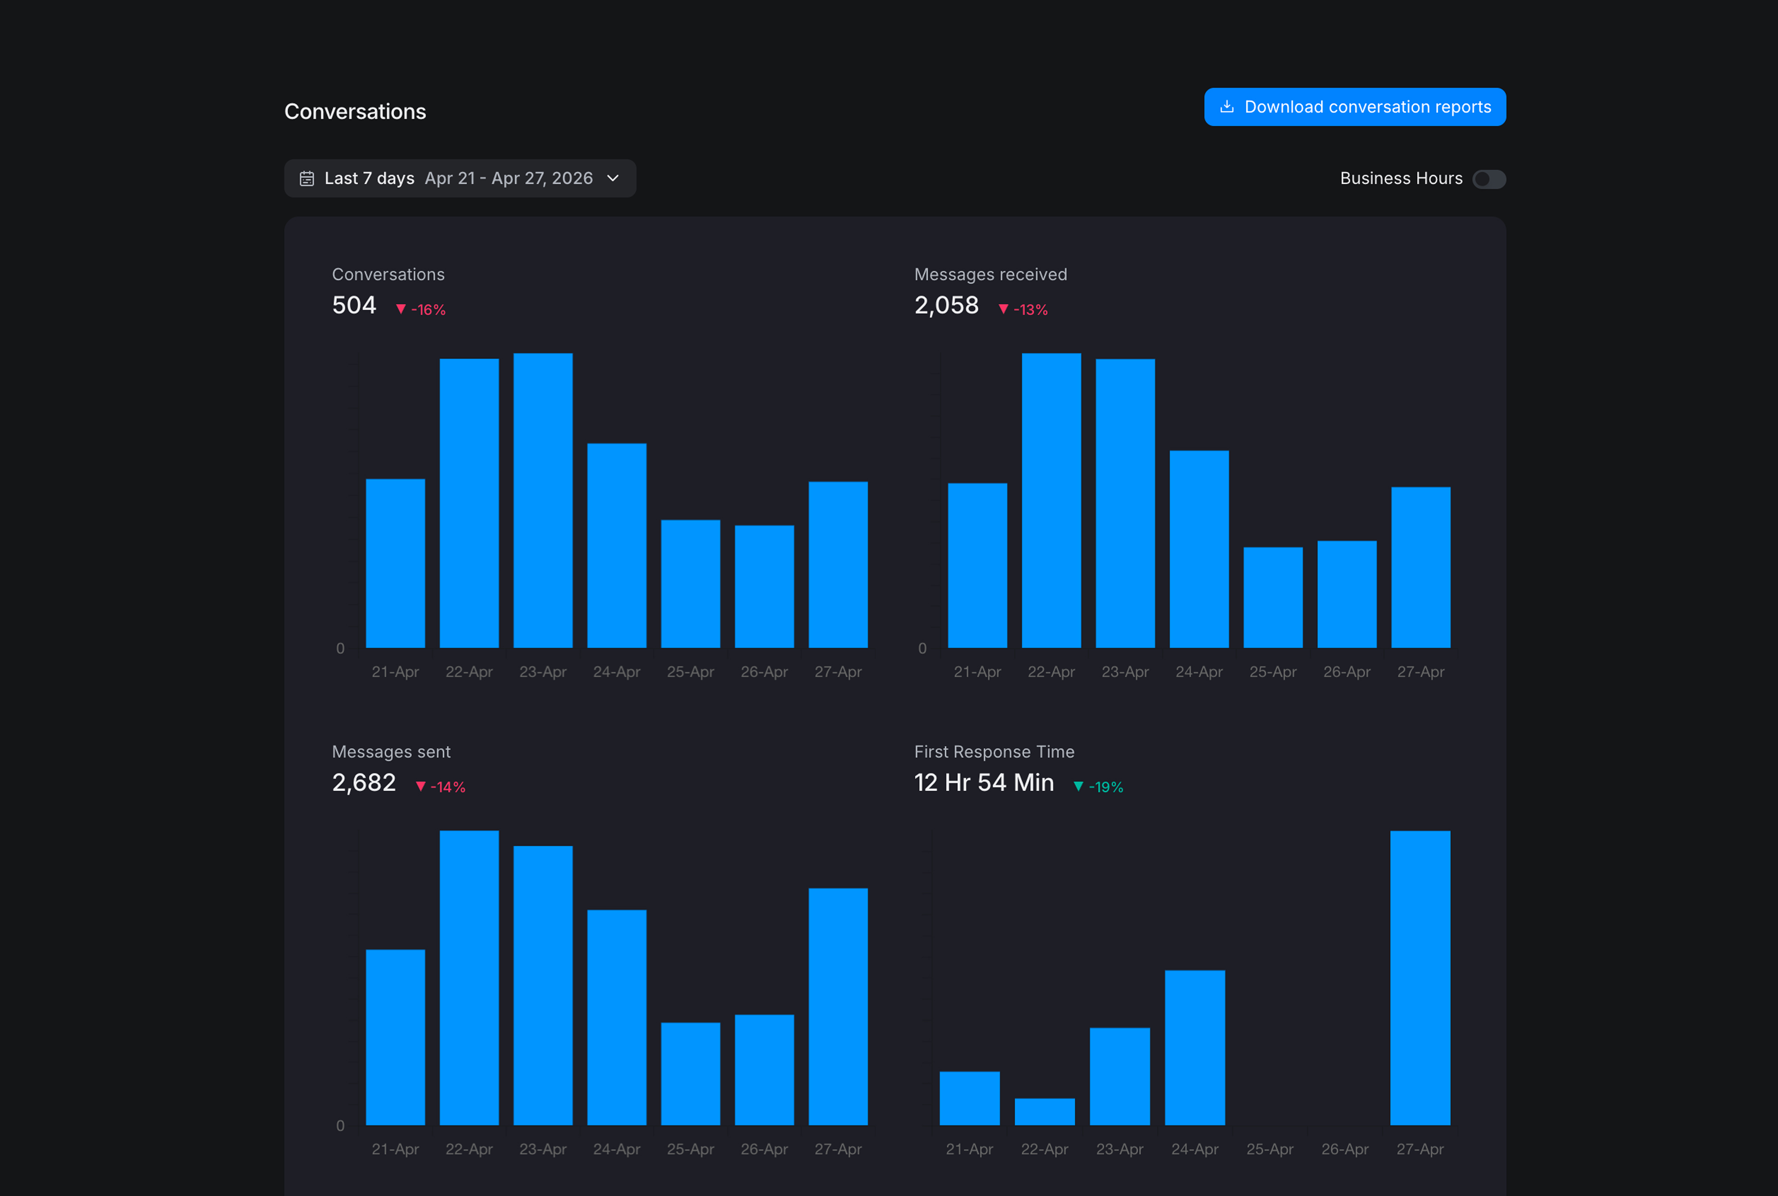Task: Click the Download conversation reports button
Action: pyautogui.click(x=1355, y=107)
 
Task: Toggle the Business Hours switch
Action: pyautogui.click(x=1489, y=178)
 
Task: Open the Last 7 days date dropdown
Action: pyautogui.click(x=460, y=178)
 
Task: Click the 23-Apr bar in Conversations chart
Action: pyautogui.click(x=543, y=500)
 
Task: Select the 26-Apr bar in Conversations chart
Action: pyautogui.click(x=764, y=586)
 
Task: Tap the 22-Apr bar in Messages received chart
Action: pyautogui.click(x=1051, y=500)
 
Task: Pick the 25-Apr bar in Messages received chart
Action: pyautogui.click(x=1273, y=597)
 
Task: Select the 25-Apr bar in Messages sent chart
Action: pyautogui.click(x=690, y=1074)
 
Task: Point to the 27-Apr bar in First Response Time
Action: pyautogui.click(x=1420, y=978)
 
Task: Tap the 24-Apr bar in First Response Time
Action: pyautogui.click(x=1195, y=1048)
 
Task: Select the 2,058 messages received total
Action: pyautogui.click(x=947, y=305)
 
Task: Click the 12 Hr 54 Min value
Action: pyautogui.click(x=984, y=783)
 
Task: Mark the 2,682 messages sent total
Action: pyautogui.click(x=364, y=783)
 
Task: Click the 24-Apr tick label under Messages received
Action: pyautogui.click(x=1199, y=672)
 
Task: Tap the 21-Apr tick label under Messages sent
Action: pyautogui.click(x=395, y=1150)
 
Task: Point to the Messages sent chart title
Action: pyautogui.click(x=391, y=752)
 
